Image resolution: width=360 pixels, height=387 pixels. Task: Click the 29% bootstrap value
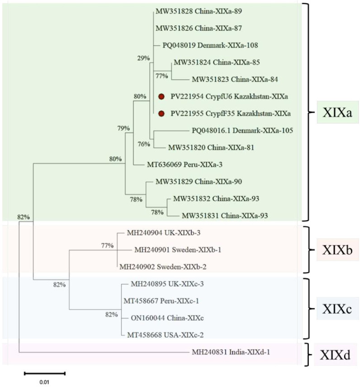click(x=143, y=58)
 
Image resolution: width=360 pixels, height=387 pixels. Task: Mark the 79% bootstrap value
click(x=123, y=128)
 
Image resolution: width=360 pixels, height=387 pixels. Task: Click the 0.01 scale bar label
click(x=44, y=382)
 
